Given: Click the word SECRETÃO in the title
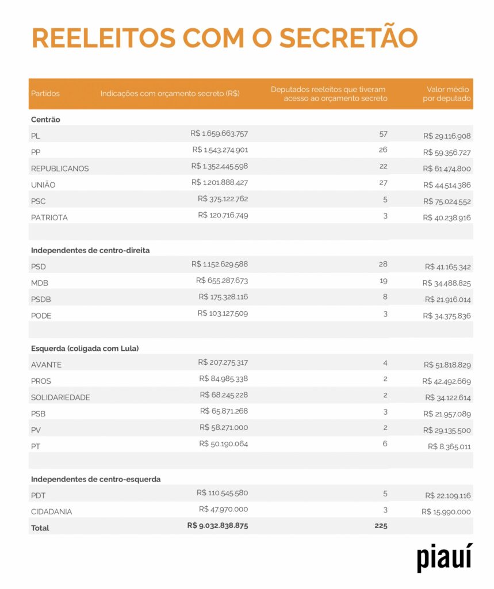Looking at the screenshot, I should pyautogui.click(x=349, y=37).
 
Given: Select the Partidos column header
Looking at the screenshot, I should pyautogui.click(x=45, y=93).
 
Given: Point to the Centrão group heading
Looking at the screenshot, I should pyautogui.click(x=45, y=120).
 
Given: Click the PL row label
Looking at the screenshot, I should pyautogui.click(x=36, y=136).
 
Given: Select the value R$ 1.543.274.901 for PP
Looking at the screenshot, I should pyautogui.click(x=220, y=150).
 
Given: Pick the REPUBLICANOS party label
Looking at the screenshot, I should pyautogui.click(x=60, y=169).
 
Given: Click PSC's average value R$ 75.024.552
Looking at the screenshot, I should pyautogui.click(x=447, y=201).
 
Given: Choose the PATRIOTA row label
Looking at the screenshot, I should pyautogui.click(x=49, y=217).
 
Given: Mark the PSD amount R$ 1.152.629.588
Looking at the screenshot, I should pyautogui.click(x=220, y=264).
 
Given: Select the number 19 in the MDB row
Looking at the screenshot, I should pyautogui.click(x=383, y=280).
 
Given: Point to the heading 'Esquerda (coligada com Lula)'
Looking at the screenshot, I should pyautogui.click(x=85, y=348).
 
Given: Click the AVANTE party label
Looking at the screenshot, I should pyautogui.click(x=46, y=365).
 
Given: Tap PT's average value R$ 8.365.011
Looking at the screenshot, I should pyautogui.click(x=449, y=446).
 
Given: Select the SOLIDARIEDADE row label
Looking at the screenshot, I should pyautogui.click(x=60, y=397).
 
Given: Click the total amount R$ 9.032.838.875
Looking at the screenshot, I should pyautogui.click(x=217, y=526).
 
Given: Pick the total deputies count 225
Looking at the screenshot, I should pyautogui.click(x=381, y=526).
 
